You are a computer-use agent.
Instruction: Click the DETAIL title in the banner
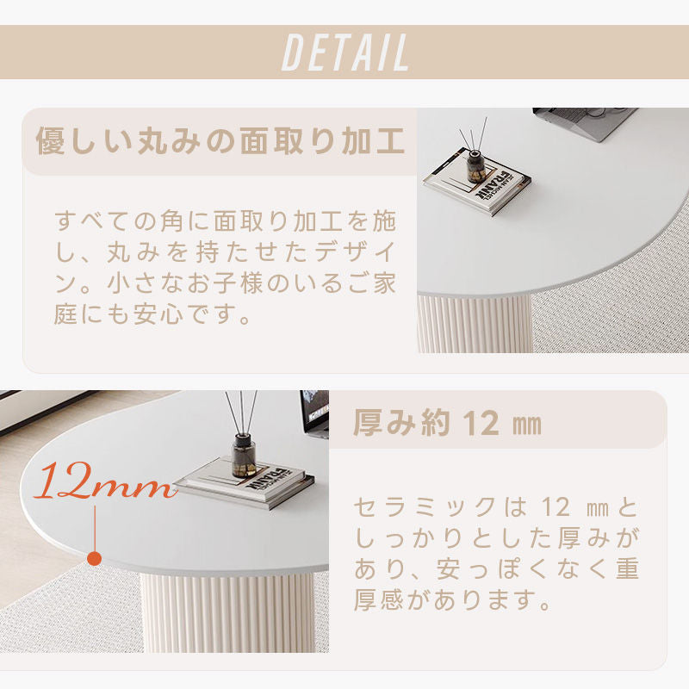[x=345, y=53]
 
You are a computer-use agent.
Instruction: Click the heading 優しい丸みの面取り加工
[x=220, y=141]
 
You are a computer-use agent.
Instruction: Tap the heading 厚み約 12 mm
[x=447, y=423]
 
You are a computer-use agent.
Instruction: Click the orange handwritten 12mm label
[x=105, y=481]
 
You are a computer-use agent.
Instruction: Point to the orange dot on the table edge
[x=95, y=558]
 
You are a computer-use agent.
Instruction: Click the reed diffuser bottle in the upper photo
[x=475, y=166]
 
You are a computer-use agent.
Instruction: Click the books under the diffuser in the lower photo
[x=245, y=482]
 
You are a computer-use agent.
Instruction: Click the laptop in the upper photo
[x=585, y=123]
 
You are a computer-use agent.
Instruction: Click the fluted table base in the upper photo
[x=475, y=324]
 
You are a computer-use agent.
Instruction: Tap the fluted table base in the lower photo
[x=227, y=612]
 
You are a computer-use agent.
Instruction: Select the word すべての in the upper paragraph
[x=104, y=221]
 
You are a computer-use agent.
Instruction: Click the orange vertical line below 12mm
[x=95, y=529]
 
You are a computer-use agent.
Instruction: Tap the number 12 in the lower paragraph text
[x=556, y=507]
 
